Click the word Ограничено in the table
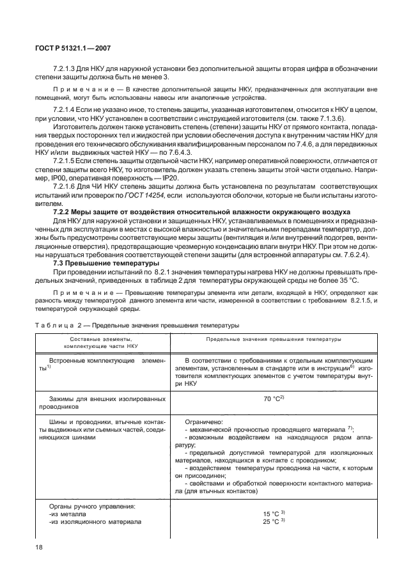203,422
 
